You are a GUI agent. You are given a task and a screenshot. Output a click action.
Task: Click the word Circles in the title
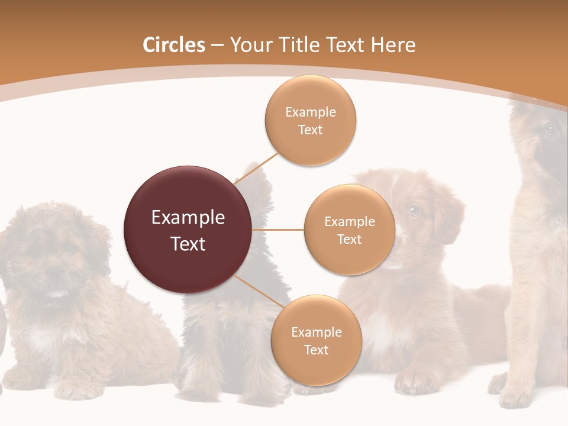tap(174, 45)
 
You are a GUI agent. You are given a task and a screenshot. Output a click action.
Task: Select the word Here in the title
tap(393, 45)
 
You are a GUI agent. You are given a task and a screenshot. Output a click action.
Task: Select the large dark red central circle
tap(188, 230)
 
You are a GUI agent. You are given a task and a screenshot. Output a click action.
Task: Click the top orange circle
tap(310, 120)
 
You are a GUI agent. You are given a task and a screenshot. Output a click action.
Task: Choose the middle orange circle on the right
tap(349, 230)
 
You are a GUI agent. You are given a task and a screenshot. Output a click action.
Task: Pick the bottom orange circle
tap(316, 340)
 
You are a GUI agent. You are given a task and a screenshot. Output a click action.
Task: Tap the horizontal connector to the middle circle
tap(278, 230)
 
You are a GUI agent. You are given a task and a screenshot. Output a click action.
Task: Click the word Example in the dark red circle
tap(188, 217)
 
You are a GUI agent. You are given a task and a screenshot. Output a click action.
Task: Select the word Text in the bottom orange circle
tap(316, 350)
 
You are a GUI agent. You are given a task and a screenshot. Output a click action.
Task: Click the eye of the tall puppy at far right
tap(548, 130)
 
